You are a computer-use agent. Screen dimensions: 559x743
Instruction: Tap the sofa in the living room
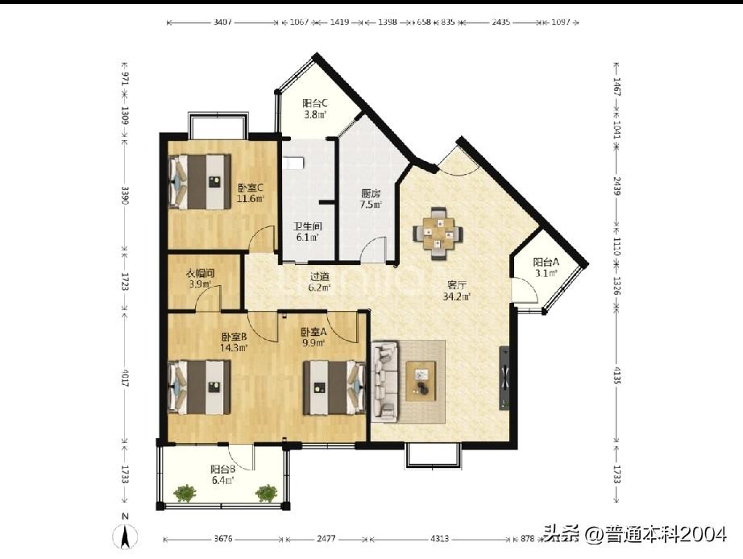point(385,381)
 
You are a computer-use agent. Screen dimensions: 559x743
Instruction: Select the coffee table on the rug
point(421,381)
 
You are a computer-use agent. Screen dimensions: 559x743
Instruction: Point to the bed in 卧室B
point(199,387)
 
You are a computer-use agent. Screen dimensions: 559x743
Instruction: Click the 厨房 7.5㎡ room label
point(371,198)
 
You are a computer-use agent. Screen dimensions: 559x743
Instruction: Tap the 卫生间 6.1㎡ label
point(306,232)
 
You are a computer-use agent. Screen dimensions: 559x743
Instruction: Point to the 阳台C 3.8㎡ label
point(314,109)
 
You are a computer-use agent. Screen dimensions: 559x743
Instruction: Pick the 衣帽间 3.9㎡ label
point(199,278)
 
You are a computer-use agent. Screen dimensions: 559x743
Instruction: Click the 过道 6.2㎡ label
point(319,281)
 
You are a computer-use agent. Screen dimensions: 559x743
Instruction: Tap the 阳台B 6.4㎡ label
point(222,474)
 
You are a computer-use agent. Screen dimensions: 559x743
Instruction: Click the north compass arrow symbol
point(125,534)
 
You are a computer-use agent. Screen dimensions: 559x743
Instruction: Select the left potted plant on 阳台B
point(185,492)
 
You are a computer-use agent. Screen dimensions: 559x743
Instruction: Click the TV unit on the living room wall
point(504,378)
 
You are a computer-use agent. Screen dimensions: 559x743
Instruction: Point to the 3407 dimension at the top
point(223,23)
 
